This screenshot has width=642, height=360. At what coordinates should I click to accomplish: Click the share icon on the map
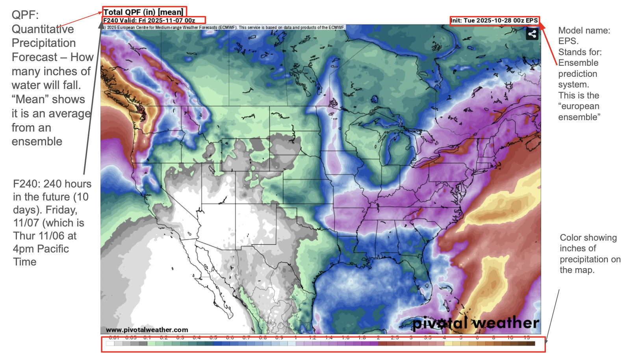pyautogui.click(x=532, y=34)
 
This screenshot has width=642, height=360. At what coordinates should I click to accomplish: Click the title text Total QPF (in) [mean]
pyautogui.click(x=143, y=12)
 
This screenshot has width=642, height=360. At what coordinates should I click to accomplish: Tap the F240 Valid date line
pyautogui.click(x=149, y=20)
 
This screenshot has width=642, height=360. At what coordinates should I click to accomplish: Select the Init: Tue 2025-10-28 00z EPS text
pyautogui.click(x=494, y=20)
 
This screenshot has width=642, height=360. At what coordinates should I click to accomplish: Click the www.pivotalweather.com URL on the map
pyautogui.click(x=147, y=330)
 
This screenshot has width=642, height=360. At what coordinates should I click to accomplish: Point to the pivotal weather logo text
pyautogui.click(x=475, y=323)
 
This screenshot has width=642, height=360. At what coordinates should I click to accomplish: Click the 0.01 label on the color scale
pyautogui.click(x=114, y=338)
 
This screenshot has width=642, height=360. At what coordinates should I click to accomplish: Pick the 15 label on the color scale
pyautogui.click(x=527, y=338)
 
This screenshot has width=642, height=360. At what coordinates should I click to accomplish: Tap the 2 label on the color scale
pyautogui.click(x=378, y=338)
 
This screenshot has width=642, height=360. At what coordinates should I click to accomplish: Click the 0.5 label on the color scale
pyautogui.click(x=213, y=338)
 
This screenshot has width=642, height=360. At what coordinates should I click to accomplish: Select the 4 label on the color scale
pyautogui.click(x=444, y=338)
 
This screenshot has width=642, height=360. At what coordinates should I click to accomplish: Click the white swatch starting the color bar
pyautogui.click(x=110, y=343)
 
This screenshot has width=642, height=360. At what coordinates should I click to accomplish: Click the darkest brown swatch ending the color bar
pyautogui.click(x=531, y=343)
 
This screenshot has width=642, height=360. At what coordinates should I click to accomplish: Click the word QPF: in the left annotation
pyautogui.click(x=25, y=15)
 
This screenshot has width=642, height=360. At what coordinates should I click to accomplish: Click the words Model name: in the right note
pyautogui.click(x=584, y=31)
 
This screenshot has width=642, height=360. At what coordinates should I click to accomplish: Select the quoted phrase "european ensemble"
pyautogui.click(x=579, y=111)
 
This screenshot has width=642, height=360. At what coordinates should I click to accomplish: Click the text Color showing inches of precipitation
pyautogui.click(x=590, y=254)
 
